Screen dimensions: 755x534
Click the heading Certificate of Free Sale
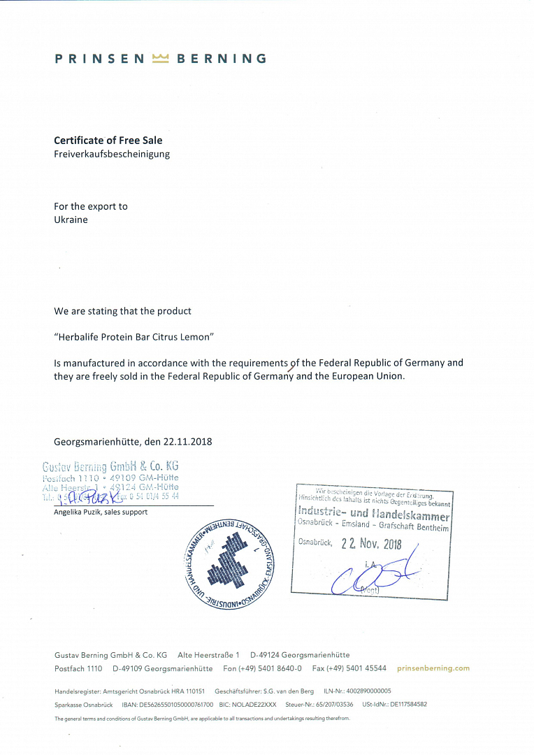[108, 141]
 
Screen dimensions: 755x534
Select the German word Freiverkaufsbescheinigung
[112, 154]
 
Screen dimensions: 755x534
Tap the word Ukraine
[71, 220]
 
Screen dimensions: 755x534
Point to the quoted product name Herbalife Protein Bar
[133, 336]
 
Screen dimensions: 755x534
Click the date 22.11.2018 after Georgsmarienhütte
[188, 442]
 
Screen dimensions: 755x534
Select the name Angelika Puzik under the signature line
[79, 512]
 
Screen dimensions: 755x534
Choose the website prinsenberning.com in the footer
[433, 668]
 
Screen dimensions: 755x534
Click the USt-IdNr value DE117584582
[408, 705]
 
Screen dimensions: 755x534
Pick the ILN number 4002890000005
[368, 691]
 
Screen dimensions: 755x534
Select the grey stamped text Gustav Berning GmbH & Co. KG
[111, 466]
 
